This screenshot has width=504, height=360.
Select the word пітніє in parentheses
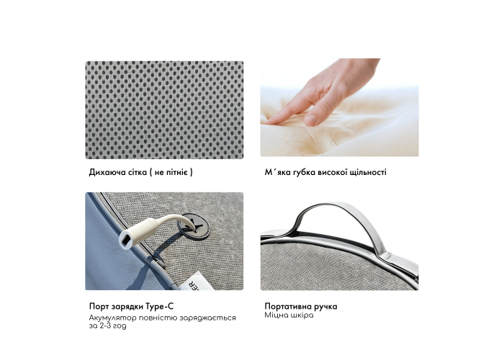point(176,172)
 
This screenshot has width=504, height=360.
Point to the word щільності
point(368,172)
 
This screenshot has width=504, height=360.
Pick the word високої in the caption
point(333,172)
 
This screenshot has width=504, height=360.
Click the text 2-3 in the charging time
point(105,326)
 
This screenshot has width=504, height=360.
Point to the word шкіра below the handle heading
point(302,315)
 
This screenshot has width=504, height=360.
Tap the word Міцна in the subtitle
point(276,315)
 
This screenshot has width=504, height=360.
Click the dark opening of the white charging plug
point(126,240)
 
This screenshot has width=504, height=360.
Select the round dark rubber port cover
point(194,226)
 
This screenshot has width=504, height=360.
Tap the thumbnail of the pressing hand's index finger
point(310,120)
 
